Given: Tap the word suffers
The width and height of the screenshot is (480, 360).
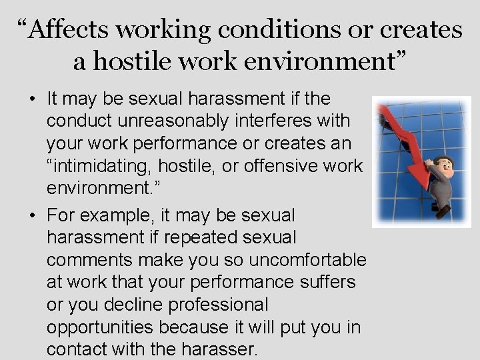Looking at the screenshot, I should pos(323,282).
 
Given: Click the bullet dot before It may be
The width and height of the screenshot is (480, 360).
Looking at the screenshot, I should pos(33,99).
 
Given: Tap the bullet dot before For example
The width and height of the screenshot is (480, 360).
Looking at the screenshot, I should pos(33,216).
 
